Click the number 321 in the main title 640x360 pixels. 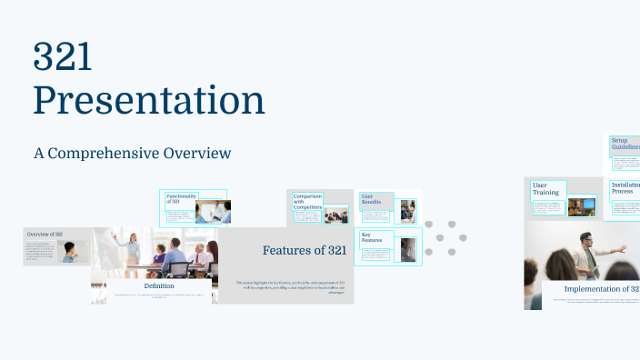(63, 57)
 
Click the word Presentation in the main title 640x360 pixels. (149, 100)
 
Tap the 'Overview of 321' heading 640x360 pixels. (45, 235)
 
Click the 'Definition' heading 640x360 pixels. (159, 286)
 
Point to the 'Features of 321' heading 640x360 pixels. (304, 250)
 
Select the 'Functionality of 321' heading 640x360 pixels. (178, 201)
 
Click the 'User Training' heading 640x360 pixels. (545, 188)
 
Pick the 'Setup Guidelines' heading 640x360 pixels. (625, 144)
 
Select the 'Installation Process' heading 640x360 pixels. (625, 188)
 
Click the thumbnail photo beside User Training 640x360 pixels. (581, 206)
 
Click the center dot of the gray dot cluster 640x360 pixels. (441, 237)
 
